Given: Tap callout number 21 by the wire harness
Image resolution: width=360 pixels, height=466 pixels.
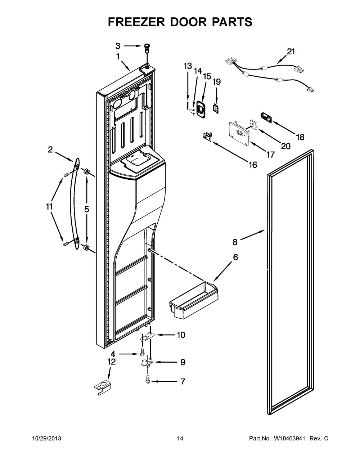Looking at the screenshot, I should (291, 51).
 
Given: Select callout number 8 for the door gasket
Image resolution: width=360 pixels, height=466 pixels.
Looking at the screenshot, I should (235, 242).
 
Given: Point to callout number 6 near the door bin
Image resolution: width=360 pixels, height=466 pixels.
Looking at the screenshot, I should (235, 257).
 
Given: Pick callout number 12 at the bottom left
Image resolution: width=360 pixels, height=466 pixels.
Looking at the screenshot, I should (112, 362).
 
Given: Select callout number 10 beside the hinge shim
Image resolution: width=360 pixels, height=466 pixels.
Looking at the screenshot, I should (181, 335).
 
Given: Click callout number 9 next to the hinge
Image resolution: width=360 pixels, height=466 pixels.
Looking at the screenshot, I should (183, 362).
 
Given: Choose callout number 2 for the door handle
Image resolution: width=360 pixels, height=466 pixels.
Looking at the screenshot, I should (50, 149).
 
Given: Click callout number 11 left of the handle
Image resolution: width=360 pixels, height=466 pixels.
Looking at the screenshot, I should (49, 207).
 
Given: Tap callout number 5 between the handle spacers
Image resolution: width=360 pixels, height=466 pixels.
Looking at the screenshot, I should (87, 209).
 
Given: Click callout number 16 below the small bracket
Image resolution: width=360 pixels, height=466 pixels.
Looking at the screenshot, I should (253, 165).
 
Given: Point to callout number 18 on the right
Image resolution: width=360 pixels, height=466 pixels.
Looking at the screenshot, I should (300, 137).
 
